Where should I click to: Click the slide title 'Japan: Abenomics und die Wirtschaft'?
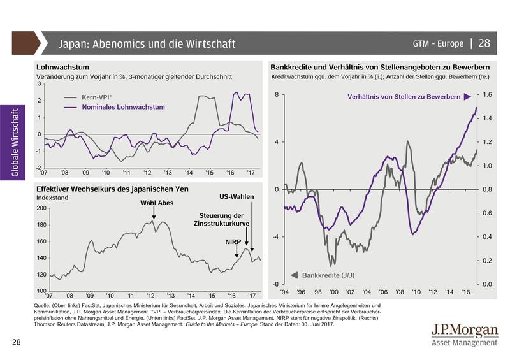[x=147, y=44]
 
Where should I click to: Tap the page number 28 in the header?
[x=484, y=44]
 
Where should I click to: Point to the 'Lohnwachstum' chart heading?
[x=63, y=66]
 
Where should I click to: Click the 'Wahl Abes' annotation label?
[x=154, y=203]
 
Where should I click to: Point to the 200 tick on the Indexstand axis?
[x=42, y=208]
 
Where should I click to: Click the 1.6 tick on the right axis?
[x=487, y=95]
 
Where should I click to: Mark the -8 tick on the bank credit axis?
[x=276, y=284]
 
